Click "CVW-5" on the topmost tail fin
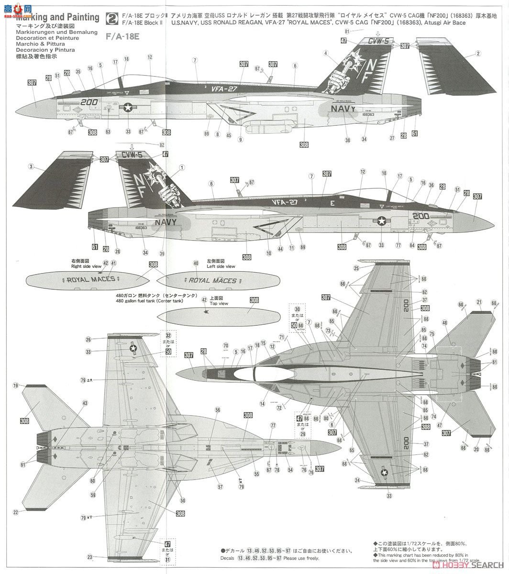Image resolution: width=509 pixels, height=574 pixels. coord(379,42)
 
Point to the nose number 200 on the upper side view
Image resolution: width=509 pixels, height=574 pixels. coord(89,102)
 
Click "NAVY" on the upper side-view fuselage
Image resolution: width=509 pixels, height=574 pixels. coord(343,109)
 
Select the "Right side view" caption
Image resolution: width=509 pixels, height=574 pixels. coord(86,266)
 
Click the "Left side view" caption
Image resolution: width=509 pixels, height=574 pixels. coord(221,266)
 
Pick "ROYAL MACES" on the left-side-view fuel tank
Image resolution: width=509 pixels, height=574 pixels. coord(212,281)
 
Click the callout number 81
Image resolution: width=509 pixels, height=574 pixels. coord(348,31)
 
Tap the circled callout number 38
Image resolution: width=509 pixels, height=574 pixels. coord(347,141)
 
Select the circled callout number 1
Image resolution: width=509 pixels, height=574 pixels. coord(182,167)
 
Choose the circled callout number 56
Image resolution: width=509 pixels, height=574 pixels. coord(218,410)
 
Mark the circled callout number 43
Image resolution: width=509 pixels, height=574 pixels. coord(85,403)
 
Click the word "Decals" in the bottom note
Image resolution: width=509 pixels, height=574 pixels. coord(228,558)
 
